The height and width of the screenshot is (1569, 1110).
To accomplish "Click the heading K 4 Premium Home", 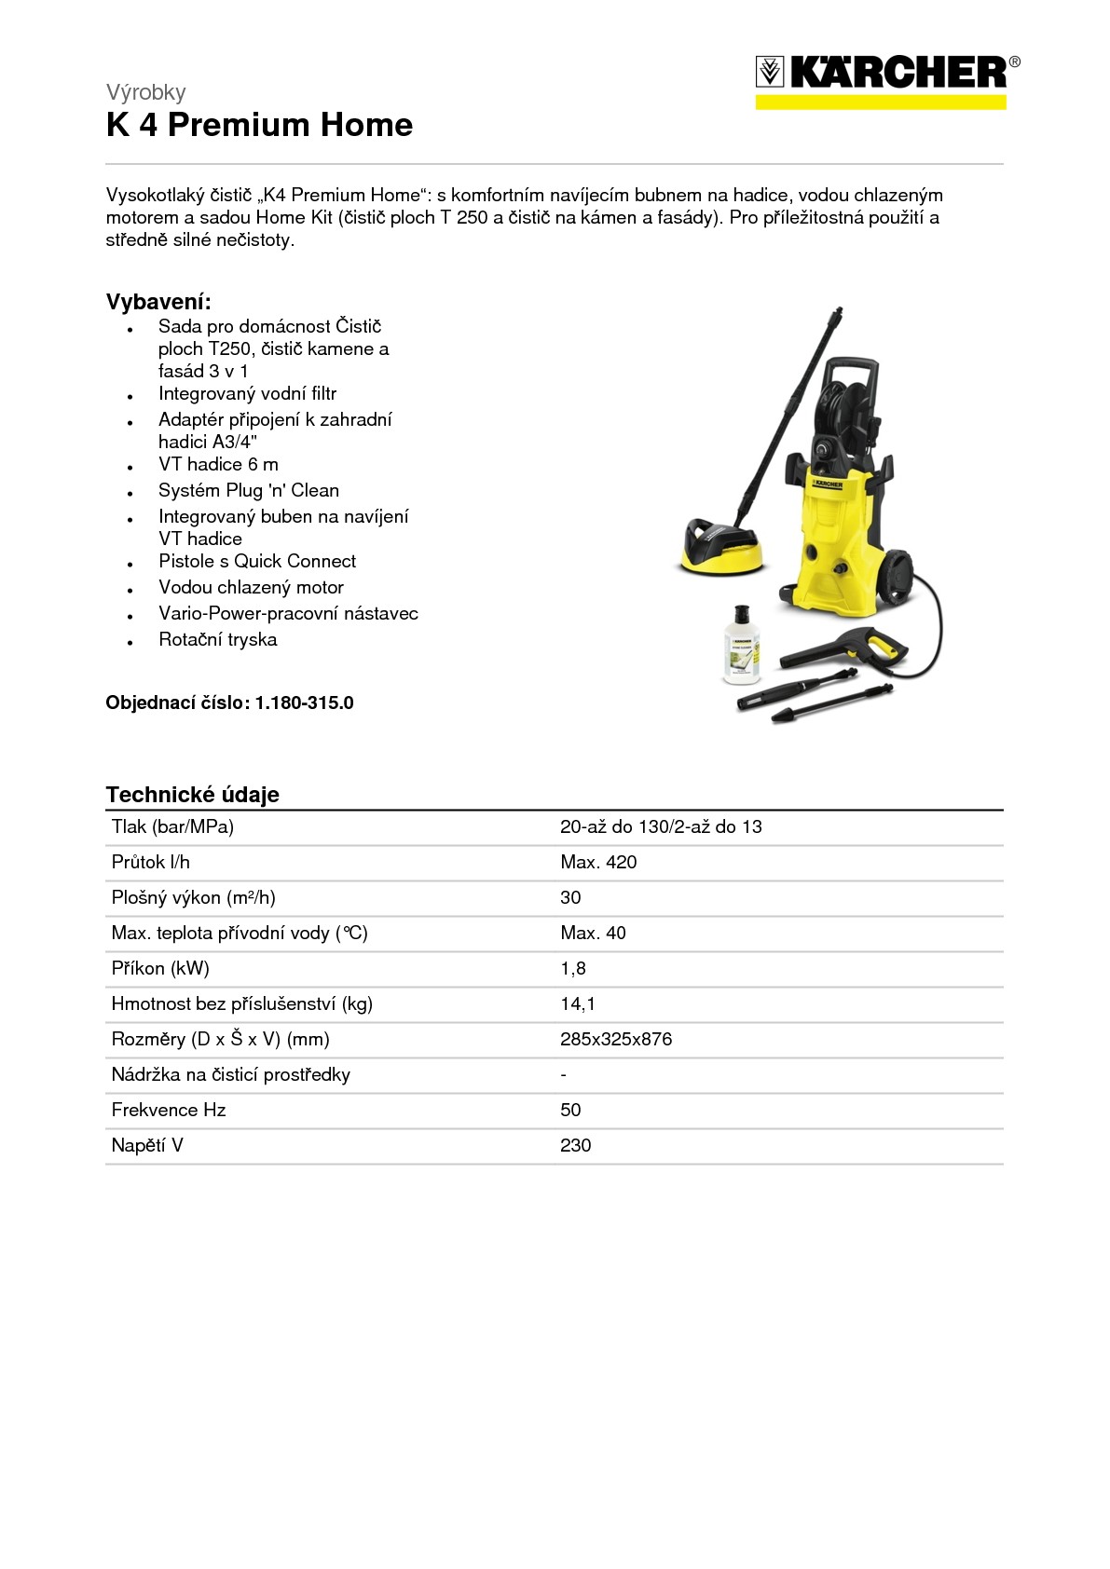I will (259, 125).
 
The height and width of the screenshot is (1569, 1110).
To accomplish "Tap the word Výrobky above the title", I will (145, 92).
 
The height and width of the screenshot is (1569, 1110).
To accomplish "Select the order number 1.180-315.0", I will (304, 703).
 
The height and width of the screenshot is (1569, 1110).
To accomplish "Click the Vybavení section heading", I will (158, 302).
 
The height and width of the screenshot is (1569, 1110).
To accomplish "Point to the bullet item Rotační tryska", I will (217, 640).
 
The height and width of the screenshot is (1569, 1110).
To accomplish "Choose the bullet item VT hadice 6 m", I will (218, 465).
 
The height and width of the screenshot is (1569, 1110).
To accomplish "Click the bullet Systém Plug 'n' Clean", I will (248, 491).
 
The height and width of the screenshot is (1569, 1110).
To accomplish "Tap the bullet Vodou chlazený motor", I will (251, 588).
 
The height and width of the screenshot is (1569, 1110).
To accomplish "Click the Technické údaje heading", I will (192, 795).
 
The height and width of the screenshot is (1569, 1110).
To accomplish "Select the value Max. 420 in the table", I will (598, 863).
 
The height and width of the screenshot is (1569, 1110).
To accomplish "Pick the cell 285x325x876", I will (615, 1040).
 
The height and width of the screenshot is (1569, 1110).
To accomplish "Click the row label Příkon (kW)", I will (160, 969).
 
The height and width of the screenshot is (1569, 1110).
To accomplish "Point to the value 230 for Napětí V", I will (575, 1146).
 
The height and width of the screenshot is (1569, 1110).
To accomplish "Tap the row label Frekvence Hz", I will (168, 1111).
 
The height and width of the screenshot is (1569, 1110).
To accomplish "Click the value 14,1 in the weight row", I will (577, 1004).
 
